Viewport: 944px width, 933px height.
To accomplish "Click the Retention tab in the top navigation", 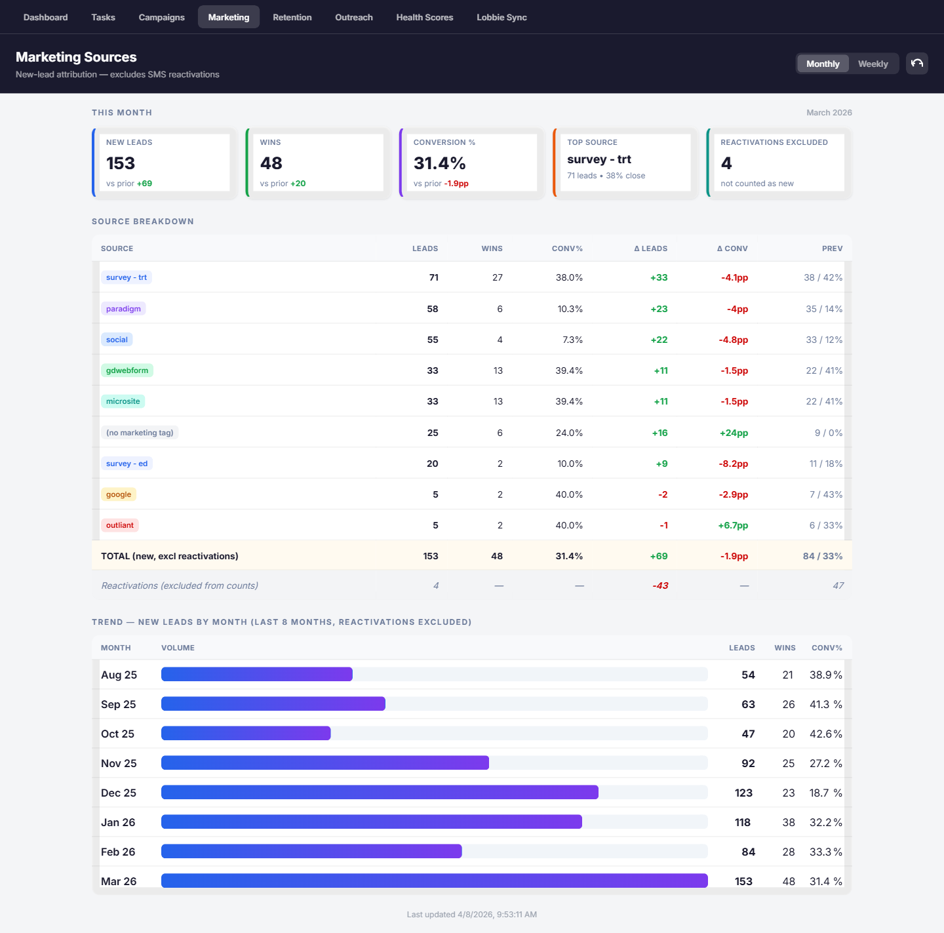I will click(x=292, y=17).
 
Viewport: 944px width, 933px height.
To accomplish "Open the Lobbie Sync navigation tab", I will click(x=501, y=17).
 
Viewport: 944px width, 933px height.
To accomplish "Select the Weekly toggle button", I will click(x=873, y=64).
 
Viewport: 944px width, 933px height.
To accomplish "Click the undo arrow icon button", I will click(x=916, y=64).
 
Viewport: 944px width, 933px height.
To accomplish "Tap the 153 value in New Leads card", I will click(x=121, y=163).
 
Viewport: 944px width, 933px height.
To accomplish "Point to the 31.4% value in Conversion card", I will click(x=439, y=163).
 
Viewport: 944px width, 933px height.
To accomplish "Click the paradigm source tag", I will click(x=123, y=309).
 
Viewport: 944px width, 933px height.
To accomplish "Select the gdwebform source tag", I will click(x=127, y=370).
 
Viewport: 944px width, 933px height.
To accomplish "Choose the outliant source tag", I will click(x=120, y=525).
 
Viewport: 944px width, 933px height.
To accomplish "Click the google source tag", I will click(x=119, y=494).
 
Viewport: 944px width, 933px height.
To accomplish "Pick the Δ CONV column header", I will click(x=732, y=248).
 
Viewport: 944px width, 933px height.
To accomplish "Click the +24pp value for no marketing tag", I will click(x=734, y=433).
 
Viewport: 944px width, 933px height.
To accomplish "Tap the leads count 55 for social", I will click(x=433, y=340).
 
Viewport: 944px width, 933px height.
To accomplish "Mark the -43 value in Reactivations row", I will click(x=660, y=586).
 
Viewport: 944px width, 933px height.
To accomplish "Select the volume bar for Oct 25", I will click(x=246, y=733).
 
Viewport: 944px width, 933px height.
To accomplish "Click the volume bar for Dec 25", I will click(x=380, y=792).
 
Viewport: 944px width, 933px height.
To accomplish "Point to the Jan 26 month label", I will click(x=118, y=822).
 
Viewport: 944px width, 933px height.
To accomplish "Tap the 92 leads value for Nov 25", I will click(x=748, y=763).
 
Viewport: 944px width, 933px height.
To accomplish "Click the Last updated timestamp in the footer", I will click(x=472, y=914).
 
